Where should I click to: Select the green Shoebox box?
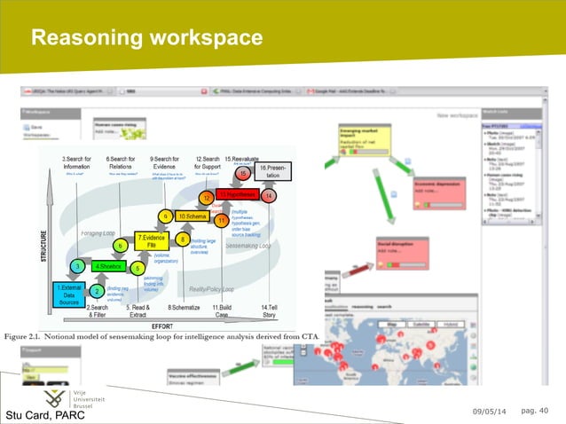(109, 265)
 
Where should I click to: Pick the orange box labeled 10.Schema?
(193, 216)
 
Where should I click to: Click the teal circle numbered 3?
(78, 266)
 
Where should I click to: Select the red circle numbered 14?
(269, 195)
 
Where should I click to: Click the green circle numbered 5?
(138, 267)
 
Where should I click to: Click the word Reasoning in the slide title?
(87, 37)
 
